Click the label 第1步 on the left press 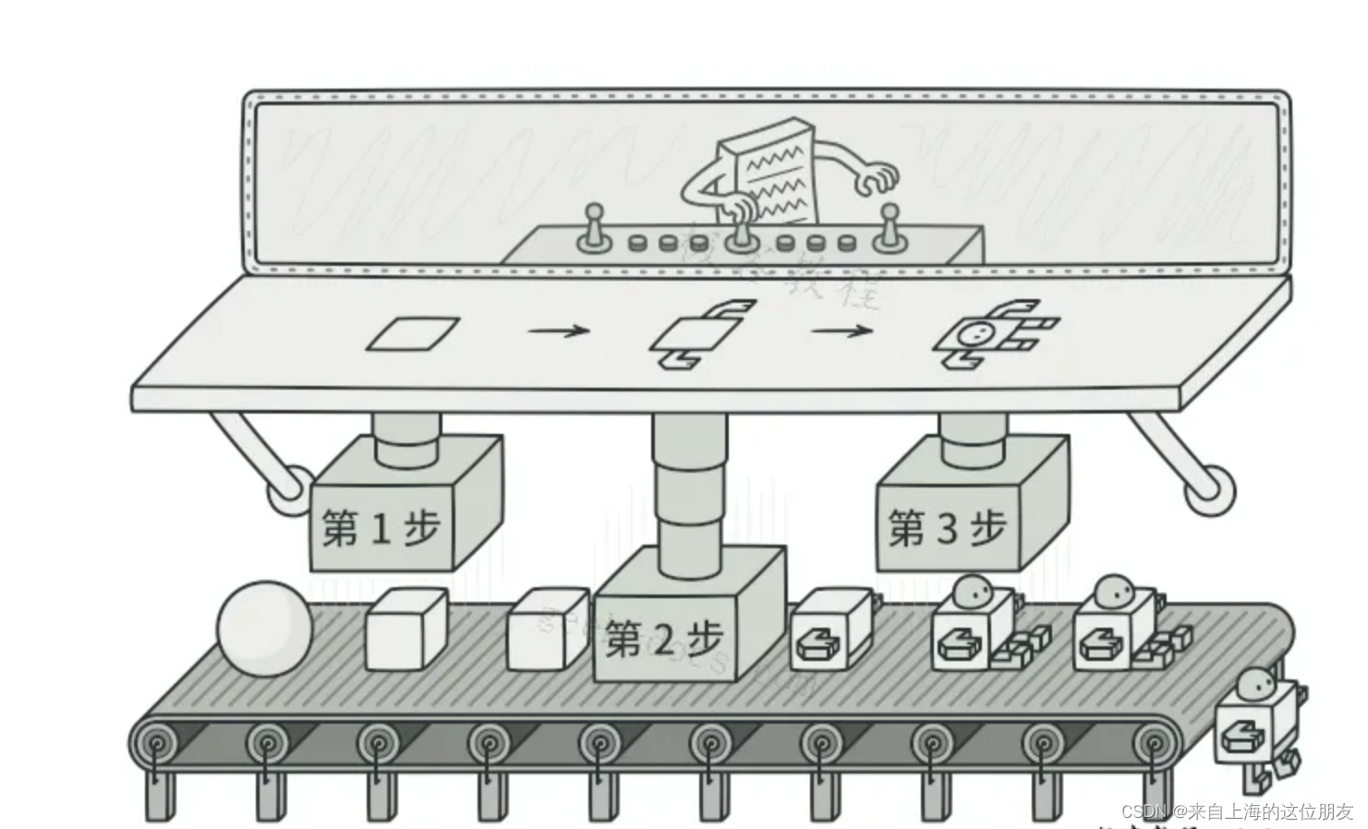[x=381, y=528]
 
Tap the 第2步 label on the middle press [x=663, y=639]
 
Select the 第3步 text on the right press [x=947, y=528]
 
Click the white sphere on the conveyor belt [x=265, y=628]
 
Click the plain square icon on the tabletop [x=413, y=333]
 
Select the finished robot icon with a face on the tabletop [x=993, y=333]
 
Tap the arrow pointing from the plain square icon [x=559, y=330]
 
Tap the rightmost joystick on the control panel [x=888, y=227]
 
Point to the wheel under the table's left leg [x=289, y=489]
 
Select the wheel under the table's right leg [x=1209, y=490]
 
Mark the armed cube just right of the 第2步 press [x=831, y=631]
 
